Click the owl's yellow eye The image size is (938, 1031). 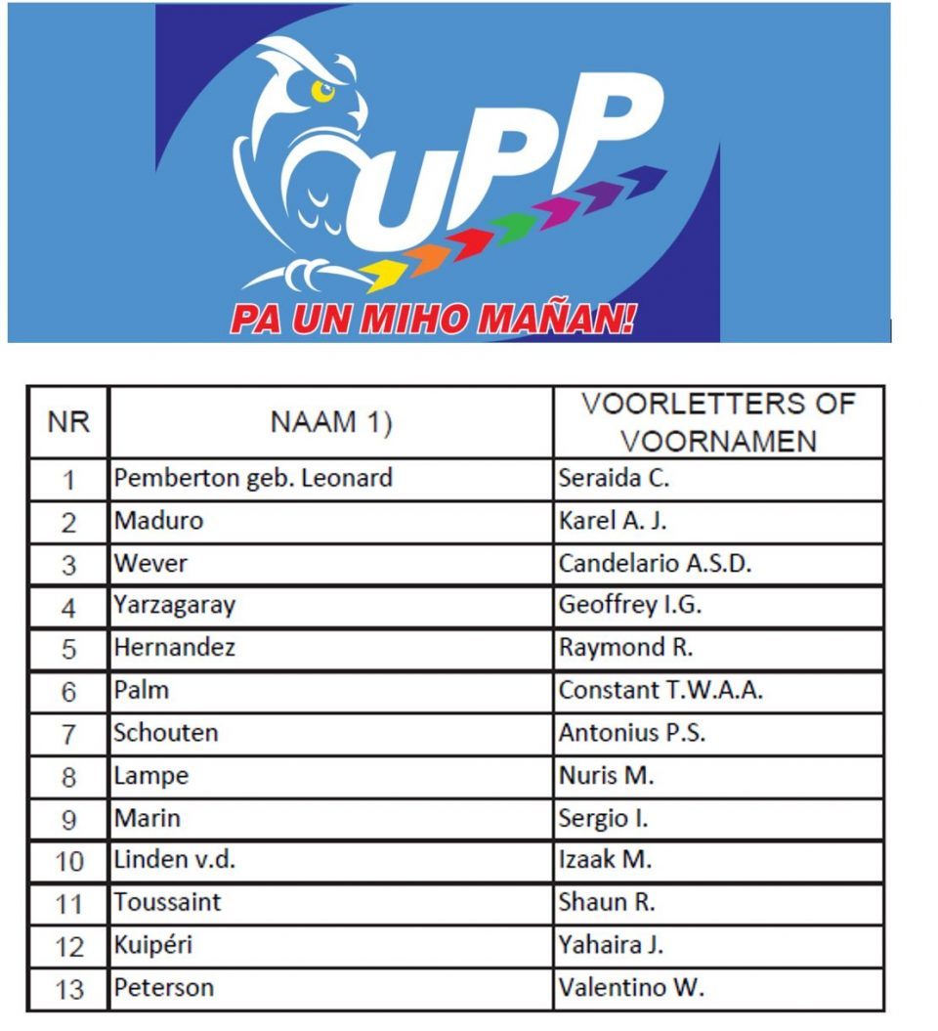pos(321,91)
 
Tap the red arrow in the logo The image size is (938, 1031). pos(470,240)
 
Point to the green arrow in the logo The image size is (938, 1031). pos(515,224)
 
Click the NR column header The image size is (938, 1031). pos(68,422)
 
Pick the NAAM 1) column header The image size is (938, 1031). pos(330,422)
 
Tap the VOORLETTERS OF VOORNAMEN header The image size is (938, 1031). pos(718,422)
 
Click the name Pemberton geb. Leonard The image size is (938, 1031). pos(253,478)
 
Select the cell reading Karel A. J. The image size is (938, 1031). pos(613,521)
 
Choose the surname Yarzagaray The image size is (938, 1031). pos(175,606)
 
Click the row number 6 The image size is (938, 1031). pos(68,692)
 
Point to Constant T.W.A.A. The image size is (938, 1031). pos(661,690)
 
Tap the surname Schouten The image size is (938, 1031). pos(166,733)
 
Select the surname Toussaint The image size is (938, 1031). pos(167,902)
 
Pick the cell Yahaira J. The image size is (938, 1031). pos(612,945)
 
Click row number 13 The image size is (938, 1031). pos(68,989)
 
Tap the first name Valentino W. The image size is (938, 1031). pos(631,988)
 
